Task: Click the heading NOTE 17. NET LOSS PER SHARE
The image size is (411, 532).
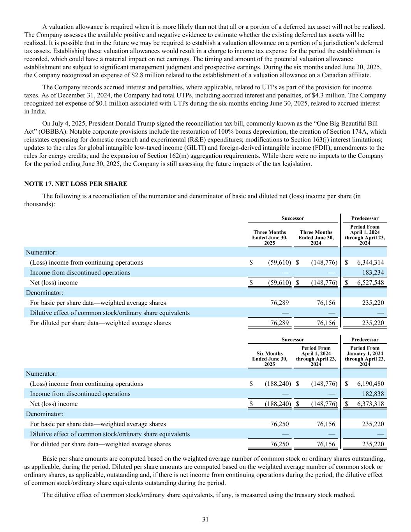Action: click(x=76, y=184)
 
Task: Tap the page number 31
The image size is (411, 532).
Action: click(x=205, y=519)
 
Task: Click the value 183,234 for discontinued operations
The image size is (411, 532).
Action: click(x=373, y=272)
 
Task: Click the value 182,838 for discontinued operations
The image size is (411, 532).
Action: click(x=373, y=394)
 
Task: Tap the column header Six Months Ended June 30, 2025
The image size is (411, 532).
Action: click(x=270, y=359)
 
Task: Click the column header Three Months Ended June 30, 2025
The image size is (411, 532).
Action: click(x=270, y=237)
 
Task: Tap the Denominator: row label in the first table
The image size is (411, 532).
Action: click(x=44, y=292)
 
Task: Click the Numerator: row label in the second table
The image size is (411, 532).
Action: click(x=41, y=373)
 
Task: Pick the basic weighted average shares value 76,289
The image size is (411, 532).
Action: click(x=280, y=303)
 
